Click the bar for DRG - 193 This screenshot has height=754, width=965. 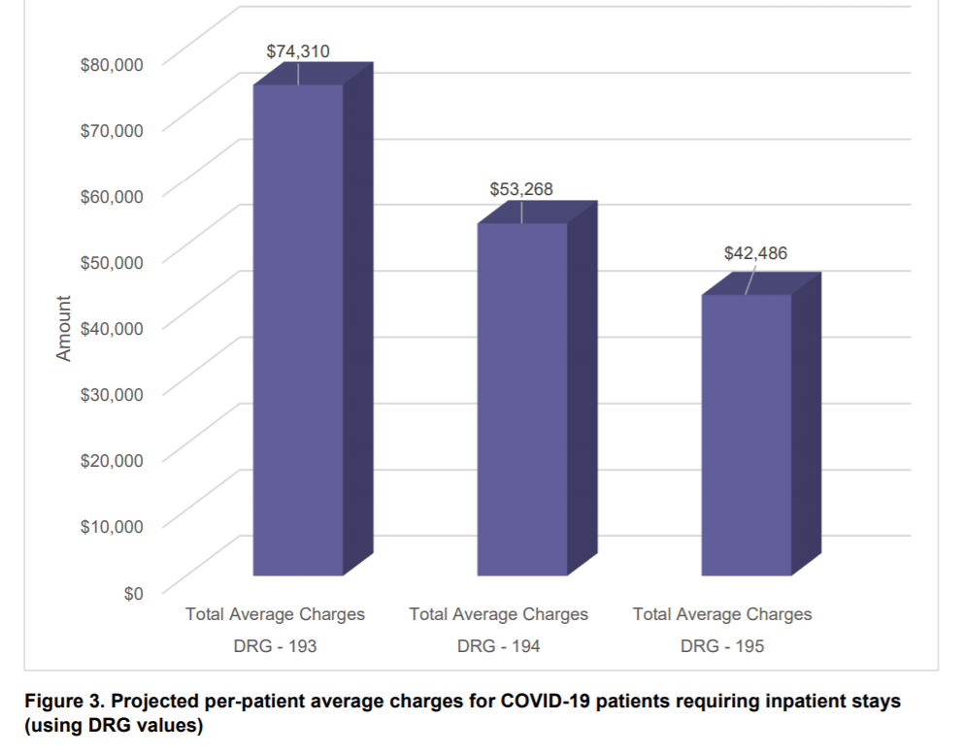[x=298, y=330]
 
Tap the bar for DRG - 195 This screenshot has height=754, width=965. [x=746, y=435]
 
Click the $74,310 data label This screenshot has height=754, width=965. [x=298, y=50]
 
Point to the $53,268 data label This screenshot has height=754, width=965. [x=521, y=189]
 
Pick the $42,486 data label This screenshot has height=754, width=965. [x=755, y=253]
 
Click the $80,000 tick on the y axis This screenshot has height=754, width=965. [x=112, y=64]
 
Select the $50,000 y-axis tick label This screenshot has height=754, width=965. [x=112, y=262]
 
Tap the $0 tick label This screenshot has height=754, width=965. [x=133, y=593]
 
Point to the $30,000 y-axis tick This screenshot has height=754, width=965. [x=112, y=394]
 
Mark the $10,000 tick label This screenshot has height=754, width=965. [x=112, y=526]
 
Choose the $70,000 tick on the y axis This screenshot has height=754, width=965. [x=112, y=130]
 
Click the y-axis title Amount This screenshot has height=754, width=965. [x=64, y=329]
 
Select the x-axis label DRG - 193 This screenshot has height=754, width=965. [x=276, y=645]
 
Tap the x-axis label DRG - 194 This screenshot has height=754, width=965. [x=499, y=645]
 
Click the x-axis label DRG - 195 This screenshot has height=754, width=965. [x=722, y=645]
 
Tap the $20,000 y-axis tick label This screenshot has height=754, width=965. [x=112, y=460]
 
